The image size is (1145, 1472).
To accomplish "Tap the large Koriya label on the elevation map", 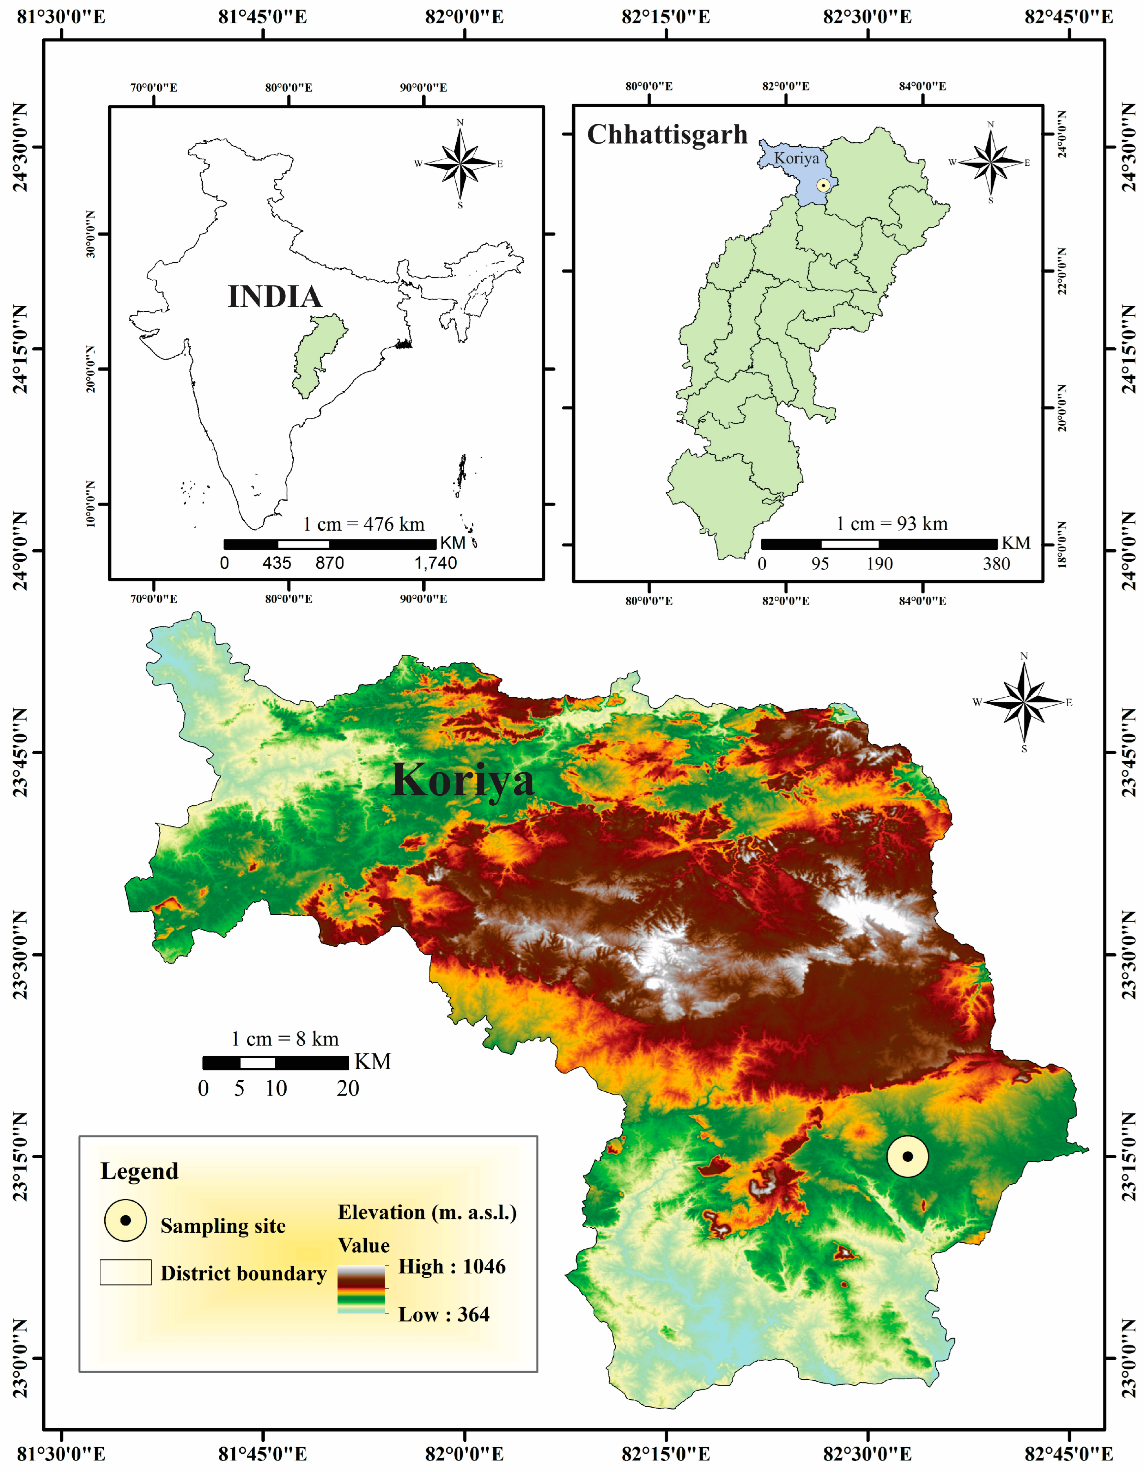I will point(463,780).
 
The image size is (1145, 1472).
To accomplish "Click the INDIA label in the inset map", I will point(274,297).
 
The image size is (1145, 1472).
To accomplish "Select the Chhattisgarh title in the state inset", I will point(667,135).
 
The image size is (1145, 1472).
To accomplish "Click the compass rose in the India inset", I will point(460,163).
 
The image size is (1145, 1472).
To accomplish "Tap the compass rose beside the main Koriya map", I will point(1024,702).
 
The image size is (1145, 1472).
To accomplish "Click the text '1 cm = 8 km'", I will point(285,1039).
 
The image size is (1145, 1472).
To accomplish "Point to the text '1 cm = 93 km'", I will point(891,524).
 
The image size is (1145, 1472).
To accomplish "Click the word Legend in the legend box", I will point(140,1171).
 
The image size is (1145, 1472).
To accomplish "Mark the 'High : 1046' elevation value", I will point(451,1266).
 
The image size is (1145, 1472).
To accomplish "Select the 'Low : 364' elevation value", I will point(444,1314).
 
